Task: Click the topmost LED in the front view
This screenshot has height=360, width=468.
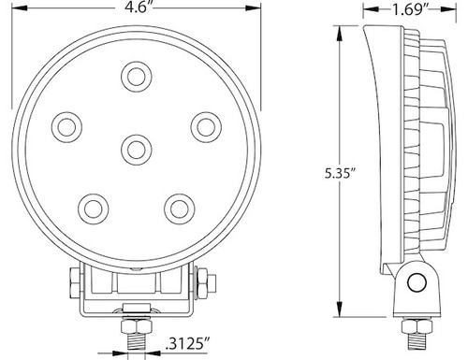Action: click(136, 75)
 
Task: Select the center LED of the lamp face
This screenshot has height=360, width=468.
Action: click(136, 147)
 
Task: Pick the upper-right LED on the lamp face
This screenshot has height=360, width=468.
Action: click(203, 123)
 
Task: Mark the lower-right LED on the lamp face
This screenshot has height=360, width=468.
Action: click(178, 206)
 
